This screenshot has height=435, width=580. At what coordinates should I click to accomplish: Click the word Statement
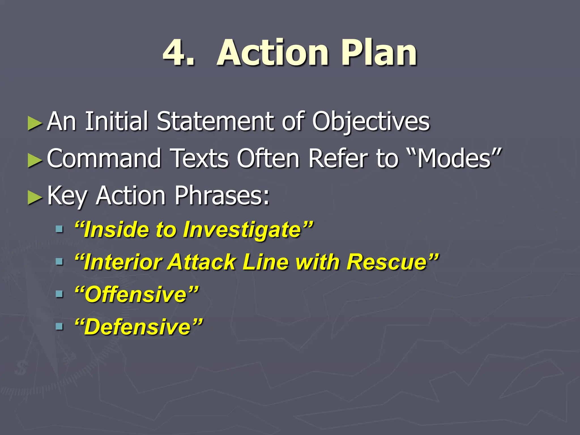click(215, 122)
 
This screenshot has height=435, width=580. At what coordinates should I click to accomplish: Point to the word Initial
click(116, 122)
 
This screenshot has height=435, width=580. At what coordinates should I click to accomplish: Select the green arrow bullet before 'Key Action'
click(35, 197)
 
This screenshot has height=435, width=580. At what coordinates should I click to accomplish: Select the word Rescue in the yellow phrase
click(387, 262)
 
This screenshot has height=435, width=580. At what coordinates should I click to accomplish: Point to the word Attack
click(201, 262)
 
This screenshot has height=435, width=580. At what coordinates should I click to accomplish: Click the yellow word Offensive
click(136, 295)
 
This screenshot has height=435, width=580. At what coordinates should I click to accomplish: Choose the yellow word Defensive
click(138, 327)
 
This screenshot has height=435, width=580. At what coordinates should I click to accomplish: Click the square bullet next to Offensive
click(59, 294)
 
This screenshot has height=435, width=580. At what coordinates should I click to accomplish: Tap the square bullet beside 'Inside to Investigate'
click(59, 229)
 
